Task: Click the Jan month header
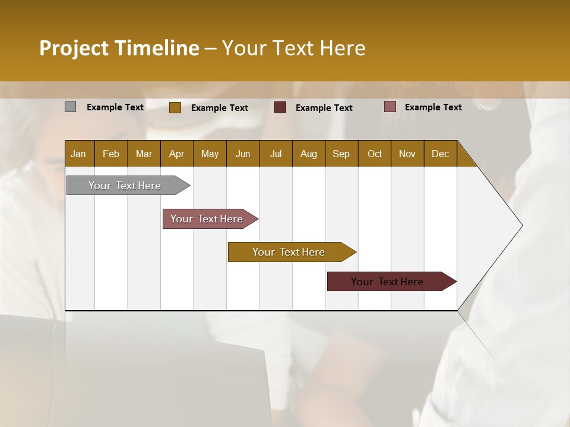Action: [x=78, y=154]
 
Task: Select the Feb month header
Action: [x=111, y=154]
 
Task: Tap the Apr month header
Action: [x=176, y=154]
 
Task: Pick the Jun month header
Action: [x=243, y=154]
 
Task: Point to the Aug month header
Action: [x=308, y=154]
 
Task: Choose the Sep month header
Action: [x=341, y=154]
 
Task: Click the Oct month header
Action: [x=375, y=154]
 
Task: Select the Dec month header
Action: [x=440, y=154]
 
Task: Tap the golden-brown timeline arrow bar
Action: [x=289, y=252]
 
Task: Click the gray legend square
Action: [x=71, y=107]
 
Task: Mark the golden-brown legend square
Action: [x=175, y=107]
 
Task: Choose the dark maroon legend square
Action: [x=280, y=107]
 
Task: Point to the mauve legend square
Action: [x=390, y=107]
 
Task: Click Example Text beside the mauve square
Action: [x=433, y=107]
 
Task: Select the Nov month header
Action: [x=407, y=154]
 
